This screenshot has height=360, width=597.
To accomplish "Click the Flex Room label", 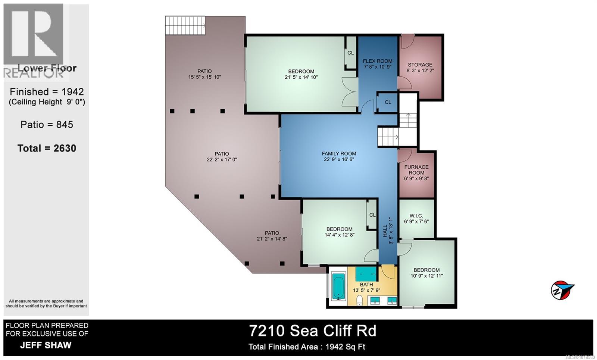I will pyautogui.click(x=378, y=61).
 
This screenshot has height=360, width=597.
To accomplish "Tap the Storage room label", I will pyautogui.click(x=420, y=65).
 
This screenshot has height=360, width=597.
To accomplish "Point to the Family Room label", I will pyautogui.click(x=339, y=154).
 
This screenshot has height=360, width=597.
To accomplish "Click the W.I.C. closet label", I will pyautogui.click(x=416, y=216).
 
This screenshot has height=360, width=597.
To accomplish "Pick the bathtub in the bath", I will pyautogui.click(x=338, y=287).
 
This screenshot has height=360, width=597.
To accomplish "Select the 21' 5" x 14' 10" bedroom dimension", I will pyautogui.click(x=301, y=78).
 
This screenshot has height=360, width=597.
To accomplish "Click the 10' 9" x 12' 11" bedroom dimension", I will pyautogui.click(x=426, y=276).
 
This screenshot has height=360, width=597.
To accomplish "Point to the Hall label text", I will pyautogui.click(x=385, y=231).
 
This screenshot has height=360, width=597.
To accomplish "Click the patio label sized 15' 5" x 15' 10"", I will pyautogui.click(x=204, y=71).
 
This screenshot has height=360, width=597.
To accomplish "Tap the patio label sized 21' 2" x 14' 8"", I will pyautogui.click(x=272, y=233).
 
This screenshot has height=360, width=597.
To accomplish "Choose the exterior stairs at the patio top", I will pyautogui.click(x=185, y=25).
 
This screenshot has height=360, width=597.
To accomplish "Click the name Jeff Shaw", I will pyautogui.click(x=46, y=345).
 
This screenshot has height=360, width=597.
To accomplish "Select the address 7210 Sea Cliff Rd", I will pyautogui.click(x=313, y=331).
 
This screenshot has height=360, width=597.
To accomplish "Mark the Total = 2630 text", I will pyautogui.click(x=47, y=148).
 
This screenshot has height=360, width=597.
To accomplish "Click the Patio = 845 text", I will pyautogui.click(x=47, y=125).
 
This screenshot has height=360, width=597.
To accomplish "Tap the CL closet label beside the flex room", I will pyautogui.click(x=388, y=102).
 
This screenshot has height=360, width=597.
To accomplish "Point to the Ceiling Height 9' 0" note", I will pyautogui.click(x=47, y=102).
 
